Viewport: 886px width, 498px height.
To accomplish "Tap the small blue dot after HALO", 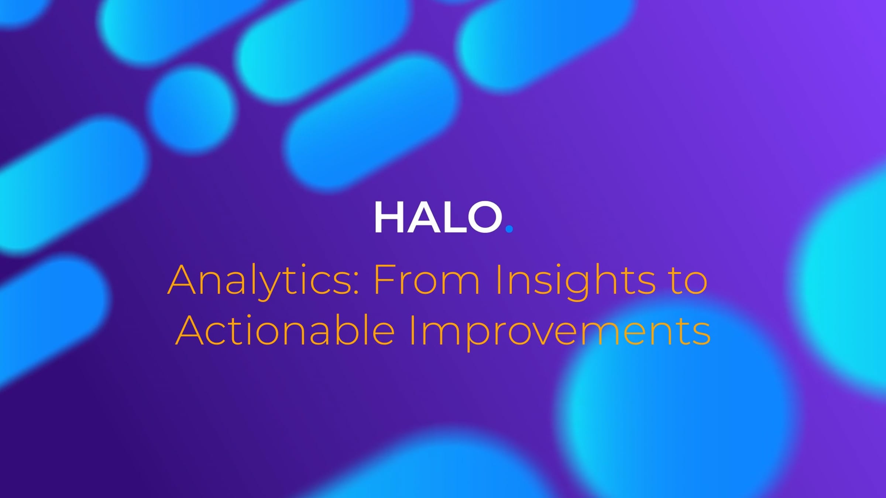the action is (x=509, y=229).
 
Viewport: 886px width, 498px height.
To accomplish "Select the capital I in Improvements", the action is (x=413, y=330).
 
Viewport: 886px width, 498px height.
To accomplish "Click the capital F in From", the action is (x=384, y=279).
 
